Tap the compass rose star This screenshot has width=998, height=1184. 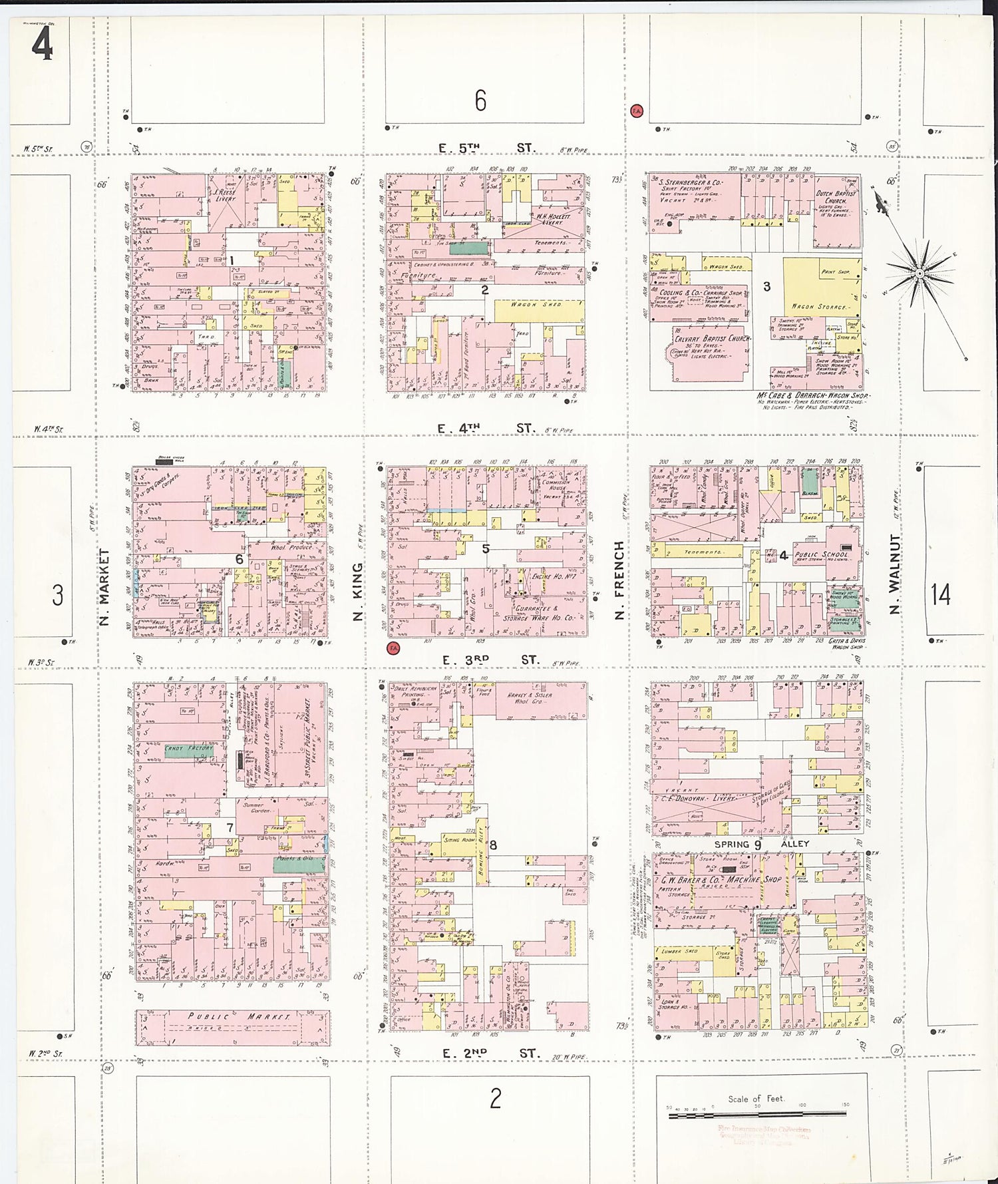coord(919,274)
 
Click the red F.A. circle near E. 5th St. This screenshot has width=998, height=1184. coord(637,111)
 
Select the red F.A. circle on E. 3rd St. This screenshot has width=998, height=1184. coord(393,648)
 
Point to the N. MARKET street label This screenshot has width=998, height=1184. coord(104,586)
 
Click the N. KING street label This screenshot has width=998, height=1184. coord(357,592)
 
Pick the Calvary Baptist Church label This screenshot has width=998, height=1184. coord(712,339)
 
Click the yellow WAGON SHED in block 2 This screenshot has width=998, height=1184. coord(536,305)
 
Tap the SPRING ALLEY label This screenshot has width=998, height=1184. coord(761,844)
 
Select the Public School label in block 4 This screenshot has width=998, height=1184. coord(822,554)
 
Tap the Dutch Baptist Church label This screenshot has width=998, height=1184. coord(836,198)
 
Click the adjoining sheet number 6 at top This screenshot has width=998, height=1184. coord(480,100)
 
